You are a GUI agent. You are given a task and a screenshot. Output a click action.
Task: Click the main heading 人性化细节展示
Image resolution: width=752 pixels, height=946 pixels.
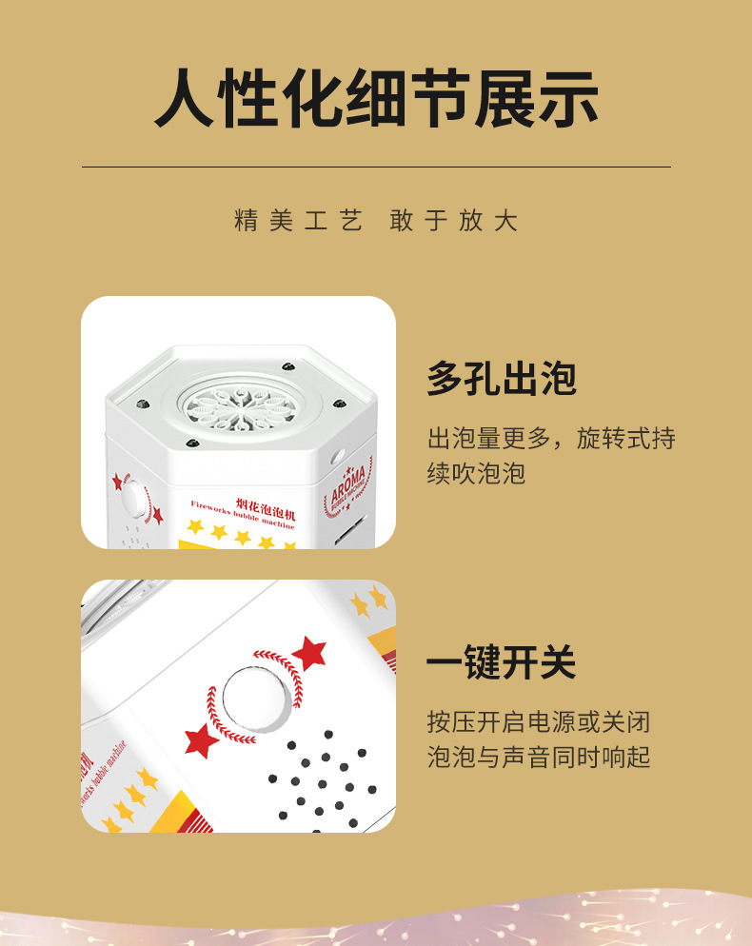[x=376, y=99]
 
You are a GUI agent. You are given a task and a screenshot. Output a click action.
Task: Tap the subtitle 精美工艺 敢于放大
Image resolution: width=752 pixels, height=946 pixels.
[x=376, y=222]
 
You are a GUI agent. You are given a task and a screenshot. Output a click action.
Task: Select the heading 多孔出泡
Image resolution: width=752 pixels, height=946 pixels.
[x=502, y=379]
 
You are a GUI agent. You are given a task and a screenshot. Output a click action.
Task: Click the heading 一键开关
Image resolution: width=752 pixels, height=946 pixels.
[x=502, y=662]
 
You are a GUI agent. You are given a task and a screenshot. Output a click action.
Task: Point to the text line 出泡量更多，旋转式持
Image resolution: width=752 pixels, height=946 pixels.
[x=551, y=439]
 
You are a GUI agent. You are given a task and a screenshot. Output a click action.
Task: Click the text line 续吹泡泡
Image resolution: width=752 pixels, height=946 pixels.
[x=476, y=473]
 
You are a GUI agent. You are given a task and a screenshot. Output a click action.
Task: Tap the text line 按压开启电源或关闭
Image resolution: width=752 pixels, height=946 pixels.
[x=539, y=721]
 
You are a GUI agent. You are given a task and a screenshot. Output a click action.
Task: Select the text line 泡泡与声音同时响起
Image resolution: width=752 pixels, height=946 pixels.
[x=539, y=757]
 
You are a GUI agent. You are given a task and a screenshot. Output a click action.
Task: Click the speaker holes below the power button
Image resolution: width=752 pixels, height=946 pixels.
[x=324, y=780]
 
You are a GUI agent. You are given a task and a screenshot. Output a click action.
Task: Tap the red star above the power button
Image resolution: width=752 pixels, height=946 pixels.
[x=309, y=654]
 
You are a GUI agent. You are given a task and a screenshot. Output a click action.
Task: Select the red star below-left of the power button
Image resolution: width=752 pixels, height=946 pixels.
[x=201, y=739]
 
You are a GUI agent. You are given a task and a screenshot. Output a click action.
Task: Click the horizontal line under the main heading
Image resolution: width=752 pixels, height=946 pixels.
[x=376, y=168]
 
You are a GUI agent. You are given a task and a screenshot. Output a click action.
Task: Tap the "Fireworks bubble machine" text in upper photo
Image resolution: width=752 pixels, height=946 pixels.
[x=243, y=514]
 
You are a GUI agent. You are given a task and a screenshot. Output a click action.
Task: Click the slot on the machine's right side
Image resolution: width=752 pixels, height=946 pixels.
[x=355, y=526]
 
